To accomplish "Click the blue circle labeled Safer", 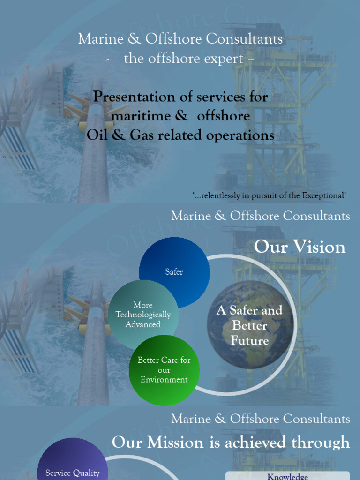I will click(174, 271).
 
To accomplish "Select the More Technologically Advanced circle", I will click(143, 315).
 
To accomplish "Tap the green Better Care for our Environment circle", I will click(164, 370).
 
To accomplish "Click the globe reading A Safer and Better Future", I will click(250, 325).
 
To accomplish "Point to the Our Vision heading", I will click(300, 247).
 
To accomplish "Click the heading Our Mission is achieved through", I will click(231, 442).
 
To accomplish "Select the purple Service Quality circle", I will click(72, 469).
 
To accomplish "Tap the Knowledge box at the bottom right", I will click(287, 476).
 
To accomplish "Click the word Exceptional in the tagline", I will click(323, 195).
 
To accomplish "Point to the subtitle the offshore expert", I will click(183, 59).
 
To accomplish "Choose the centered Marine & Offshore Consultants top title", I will click(180, 39).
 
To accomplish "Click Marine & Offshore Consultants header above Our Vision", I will click(260, 216).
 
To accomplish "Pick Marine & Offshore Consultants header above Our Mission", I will click(260, 419).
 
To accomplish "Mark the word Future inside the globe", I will click(250, 340).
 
